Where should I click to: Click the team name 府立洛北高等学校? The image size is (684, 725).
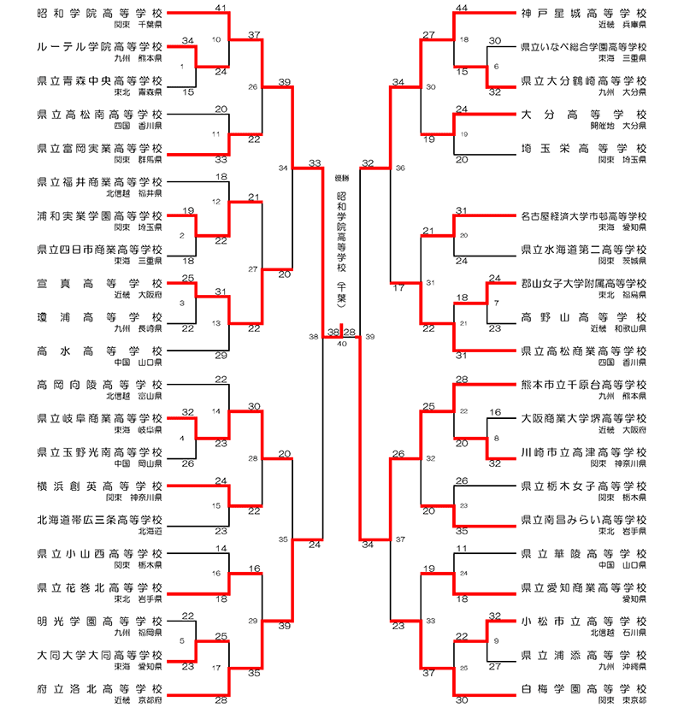[x=100, y=687]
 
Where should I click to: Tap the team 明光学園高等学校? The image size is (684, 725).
[x=100, y=621]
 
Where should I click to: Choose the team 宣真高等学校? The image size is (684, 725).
[x=100, y=283]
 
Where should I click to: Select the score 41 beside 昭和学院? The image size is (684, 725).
[x=221, y=8]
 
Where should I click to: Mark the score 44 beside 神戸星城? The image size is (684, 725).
[x=462, y=8]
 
